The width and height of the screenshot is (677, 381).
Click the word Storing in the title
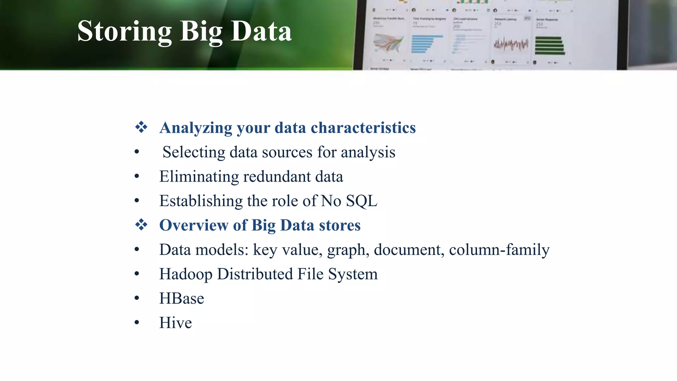tap(124, 31)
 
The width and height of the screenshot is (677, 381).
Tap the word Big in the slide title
tap(201, 32)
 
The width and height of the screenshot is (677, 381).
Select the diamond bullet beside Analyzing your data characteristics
tap(141, 127)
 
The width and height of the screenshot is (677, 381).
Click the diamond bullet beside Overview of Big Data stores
tap(141, 225)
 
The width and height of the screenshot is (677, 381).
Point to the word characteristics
tap(363, 128)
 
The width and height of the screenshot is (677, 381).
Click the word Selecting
tap(194, 152)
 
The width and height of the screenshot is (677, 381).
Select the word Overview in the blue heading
tap(193, 225)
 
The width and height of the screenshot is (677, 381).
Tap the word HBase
tap(181, 298)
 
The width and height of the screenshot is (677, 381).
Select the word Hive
tap(175, 323)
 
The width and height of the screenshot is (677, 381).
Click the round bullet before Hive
tap(137, 322)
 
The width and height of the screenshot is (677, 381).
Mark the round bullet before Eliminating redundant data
tap(137, 176)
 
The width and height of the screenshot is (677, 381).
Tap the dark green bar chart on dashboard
tap(549, 46)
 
